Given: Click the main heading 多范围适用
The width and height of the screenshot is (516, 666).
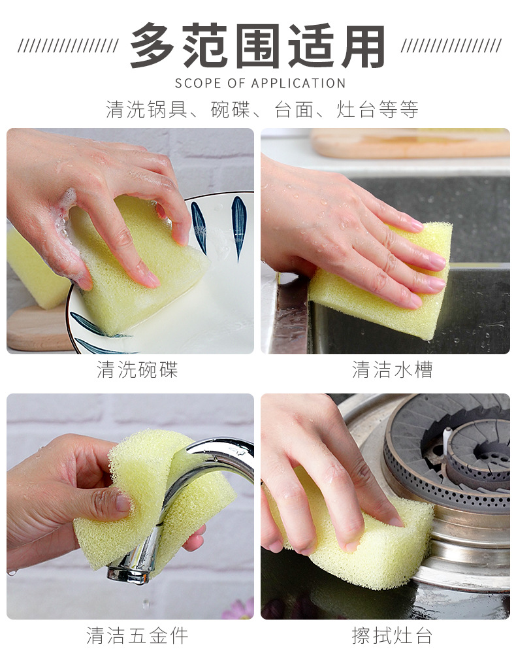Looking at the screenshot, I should coord(257,46).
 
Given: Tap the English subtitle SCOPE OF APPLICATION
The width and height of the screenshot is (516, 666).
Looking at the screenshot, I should coord(260,83).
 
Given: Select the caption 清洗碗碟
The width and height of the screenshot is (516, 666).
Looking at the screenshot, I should coord(137,370).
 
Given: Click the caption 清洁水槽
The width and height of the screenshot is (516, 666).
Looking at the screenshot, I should coord(392,370).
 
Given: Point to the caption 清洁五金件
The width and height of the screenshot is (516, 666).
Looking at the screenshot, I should coord(137,635).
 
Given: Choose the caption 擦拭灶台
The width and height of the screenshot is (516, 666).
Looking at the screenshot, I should coord(392,635).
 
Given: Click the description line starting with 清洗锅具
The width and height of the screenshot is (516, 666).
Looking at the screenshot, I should coord(261,109).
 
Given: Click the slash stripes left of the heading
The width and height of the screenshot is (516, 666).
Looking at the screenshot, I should coord(68,46).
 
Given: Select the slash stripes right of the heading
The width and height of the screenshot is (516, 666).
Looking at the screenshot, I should coord(451,46).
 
